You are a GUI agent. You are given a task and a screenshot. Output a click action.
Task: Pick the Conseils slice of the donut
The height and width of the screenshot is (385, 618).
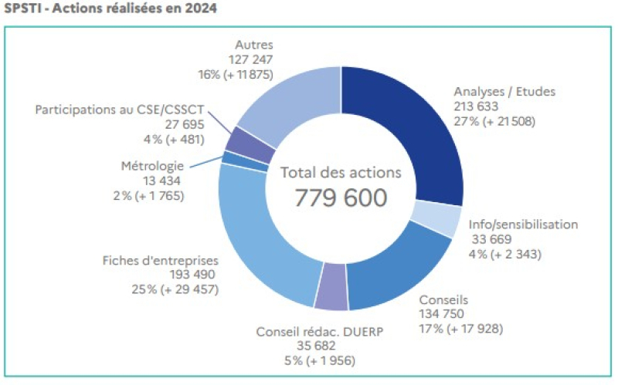[402, 266]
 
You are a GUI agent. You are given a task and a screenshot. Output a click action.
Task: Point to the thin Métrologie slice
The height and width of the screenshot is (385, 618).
[229, 157]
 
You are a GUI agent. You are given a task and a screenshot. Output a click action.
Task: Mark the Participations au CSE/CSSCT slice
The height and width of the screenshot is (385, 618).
[240, 140]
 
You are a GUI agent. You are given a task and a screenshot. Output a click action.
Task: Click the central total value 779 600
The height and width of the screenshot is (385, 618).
[341, 198]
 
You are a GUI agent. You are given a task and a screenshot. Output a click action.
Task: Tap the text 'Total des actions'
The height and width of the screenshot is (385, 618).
[341, 173]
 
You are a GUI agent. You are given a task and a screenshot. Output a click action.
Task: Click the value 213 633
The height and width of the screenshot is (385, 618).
[477, 106]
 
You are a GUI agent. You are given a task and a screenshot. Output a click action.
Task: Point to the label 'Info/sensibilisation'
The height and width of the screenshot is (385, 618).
[523, 225]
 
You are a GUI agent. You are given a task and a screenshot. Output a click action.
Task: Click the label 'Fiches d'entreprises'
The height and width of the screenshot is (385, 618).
[161, 260]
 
